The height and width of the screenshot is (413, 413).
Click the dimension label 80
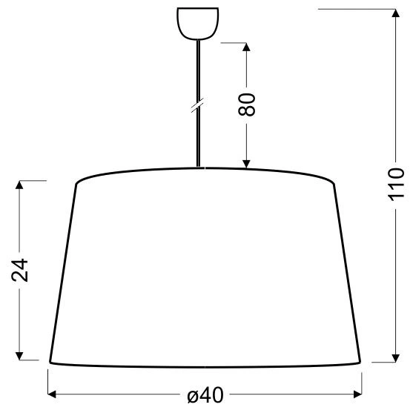point(248,104)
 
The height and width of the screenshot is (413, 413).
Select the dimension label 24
point(21,270)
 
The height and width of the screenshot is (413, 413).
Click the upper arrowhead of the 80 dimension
point(247,46)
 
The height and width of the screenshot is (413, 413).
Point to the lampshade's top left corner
point(76,182)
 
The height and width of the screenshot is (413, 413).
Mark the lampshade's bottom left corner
point(50,362)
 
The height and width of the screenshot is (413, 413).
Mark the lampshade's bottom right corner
point(361,362)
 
